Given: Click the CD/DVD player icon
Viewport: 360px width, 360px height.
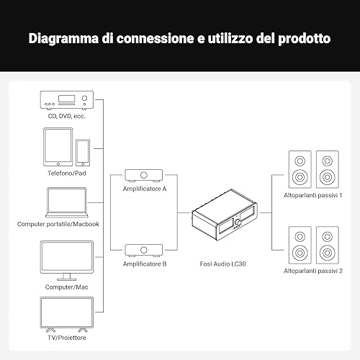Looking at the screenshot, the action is point(67,100).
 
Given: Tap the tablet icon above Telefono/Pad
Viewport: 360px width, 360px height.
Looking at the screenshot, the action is point(58,147).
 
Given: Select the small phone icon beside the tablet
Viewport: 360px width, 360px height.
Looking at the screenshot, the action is point(83,153).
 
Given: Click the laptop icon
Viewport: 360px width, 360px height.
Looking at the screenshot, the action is point(67,202).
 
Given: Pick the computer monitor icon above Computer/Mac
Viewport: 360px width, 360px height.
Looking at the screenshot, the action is point(67,261).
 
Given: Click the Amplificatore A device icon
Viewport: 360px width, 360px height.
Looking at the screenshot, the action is point(144,176).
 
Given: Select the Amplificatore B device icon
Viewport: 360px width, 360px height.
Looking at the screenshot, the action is point(144,251).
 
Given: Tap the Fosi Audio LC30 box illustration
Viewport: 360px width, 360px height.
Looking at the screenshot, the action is point(225,215).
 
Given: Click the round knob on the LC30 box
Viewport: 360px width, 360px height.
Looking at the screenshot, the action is point(238,222).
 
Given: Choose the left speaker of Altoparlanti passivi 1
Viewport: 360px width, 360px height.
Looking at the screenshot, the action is point(300,169).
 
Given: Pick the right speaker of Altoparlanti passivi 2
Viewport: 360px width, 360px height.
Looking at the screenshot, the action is point(328,245).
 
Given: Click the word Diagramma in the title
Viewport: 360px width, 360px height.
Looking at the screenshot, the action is point(63,38).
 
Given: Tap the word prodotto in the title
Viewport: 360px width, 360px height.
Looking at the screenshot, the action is point(304,38).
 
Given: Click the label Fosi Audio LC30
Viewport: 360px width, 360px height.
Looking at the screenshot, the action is point(222,264).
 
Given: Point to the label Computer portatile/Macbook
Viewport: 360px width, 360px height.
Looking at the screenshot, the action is point(58,224).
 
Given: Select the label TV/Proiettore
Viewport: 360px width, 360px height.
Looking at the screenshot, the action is point(67,338).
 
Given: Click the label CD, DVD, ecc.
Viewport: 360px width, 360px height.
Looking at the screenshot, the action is point(67,116).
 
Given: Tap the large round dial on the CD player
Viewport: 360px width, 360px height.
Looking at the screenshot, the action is point(84,98).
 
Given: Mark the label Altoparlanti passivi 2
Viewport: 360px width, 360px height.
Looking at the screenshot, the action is point(313,271).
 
